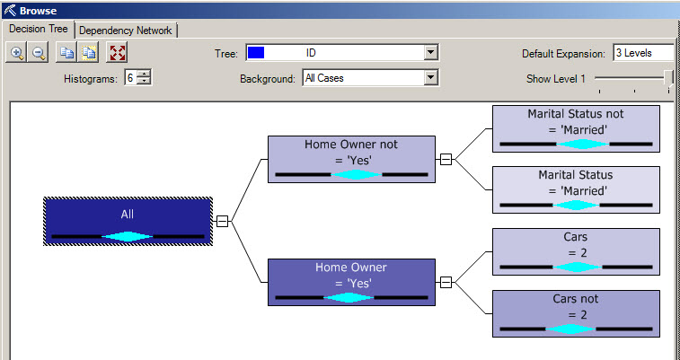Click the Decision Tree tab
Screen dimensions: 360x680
click(39, 30)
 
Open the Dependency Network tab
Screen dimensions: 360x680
click(126, 30)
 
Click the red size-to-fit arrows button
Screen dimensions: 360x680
click(117, 53)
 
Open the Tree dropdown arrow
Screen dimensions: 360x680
click(431, 53)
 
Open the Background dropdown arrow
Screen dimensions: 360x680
click(431, 78)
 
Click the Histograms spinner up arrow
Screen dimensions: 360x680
click(145, 75)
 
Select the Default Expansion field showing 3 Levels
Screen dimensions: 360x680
click(642, 53)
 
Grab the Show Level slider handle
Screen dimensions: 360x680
click(669, 79)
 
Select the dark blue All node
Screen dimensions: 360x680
click(128, 221)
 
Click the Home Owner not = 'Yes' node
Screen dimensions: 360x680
click(351, 160)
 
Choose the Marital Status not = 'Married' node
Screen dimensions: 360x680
click(576, 128)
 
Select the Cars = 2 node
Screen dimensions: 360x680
click(576, 252)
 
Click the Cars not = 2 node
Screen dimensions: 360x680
click(576, 313)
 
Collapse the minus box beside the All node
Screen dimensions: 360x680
click(223, 221)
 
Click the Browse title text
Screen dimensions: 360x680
click(38, 11)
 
